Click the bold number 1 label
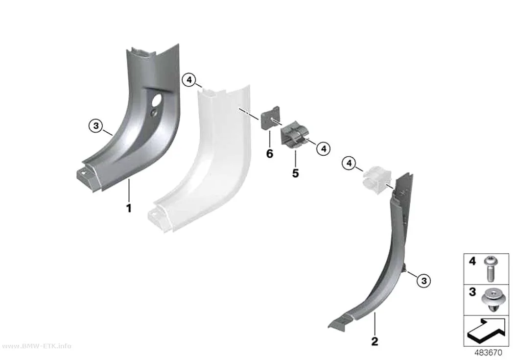(x=129, y=208)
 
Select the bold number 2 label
(x=374, y=341)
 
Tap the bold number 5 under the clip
(x=295, y=173)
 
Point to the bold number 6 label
(x=269, y=153)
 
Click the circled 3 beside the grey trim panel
(x=96, y=125)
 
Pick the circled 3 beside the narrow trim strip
(x=424, y=281)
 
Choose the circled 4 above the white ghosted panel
(x=189, y=80)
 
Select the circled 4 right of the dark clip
(x=324, y=148)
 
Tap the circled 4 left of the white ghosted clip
(x=349, y=163)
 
